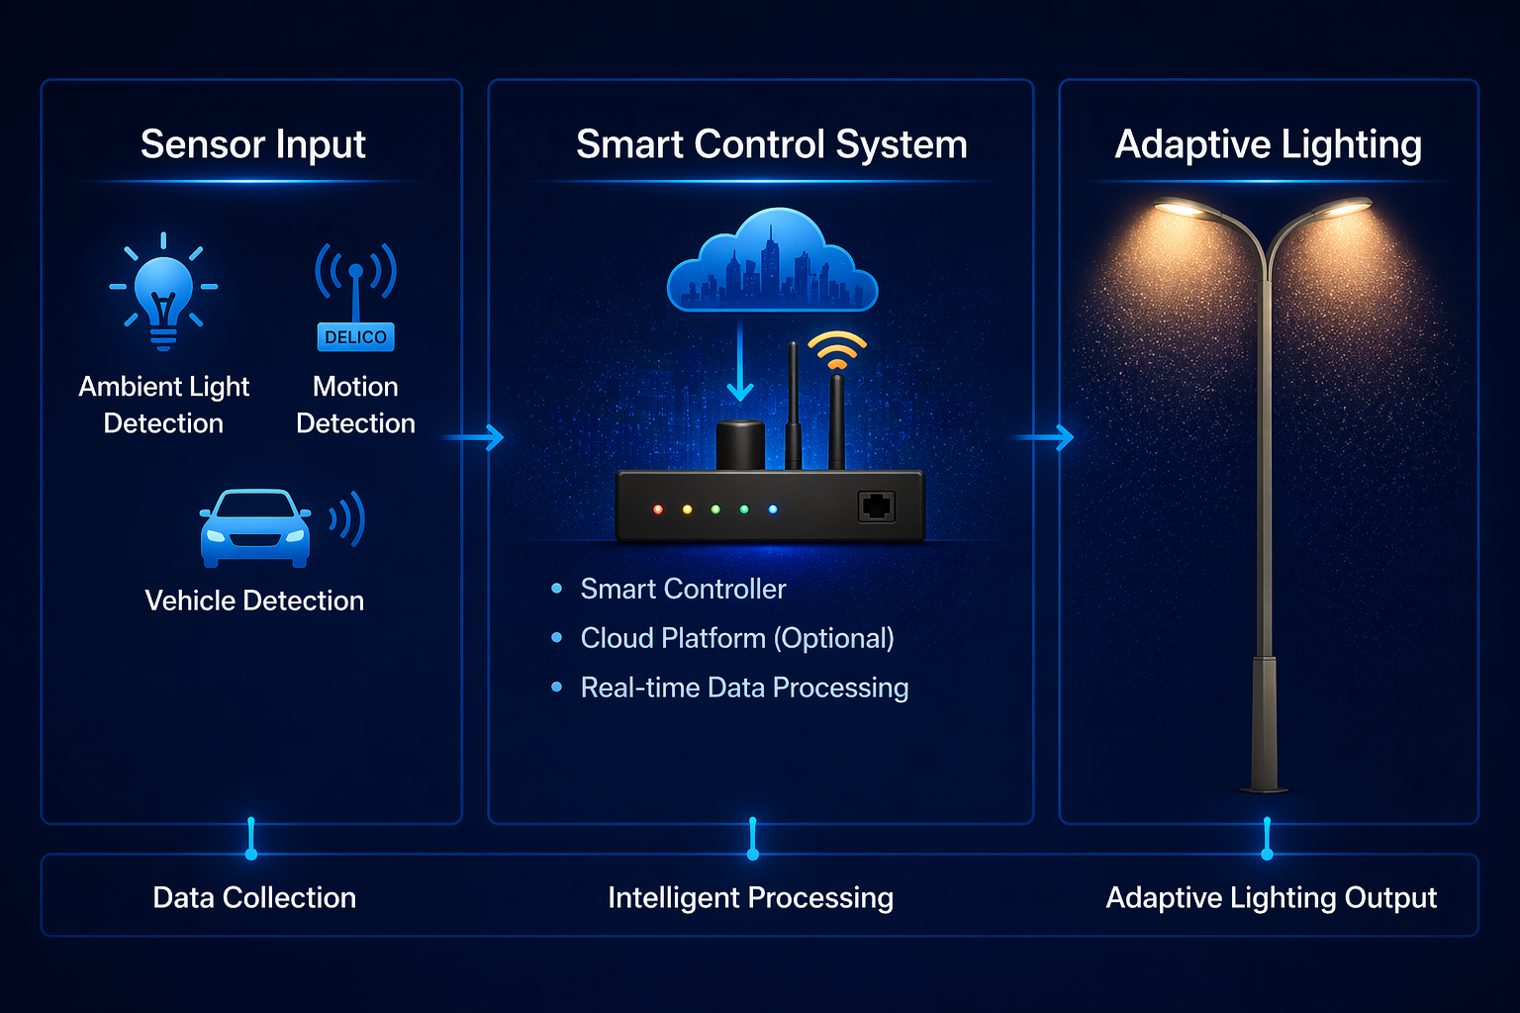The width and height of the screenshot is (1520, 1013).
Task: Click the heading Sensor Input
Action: pyautogui.click(x=253, y=144)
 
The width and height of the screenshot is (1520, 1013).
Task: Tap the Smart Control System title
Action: pyautogui.click(x=772, y=144)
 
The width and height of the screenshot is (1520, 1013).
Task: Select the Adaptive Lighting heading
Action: pyautogui.click(x=1268, y=144)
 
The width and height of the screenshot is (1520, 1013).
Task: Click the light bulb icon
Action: pyautogui.click(x=163, y=291)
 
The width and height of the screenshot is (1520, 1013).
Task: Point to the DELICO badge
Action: pyautogui.click(x=355, y=337)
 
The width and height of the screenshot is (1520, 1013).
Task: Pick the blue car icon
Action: pyautogui.click(x=255, y=528)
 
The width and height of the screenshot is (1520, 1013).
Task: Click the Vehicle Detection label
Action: pyautogui.click(x=254, y=600)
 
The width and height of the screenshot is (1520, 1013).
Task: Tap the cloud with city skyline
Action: pyautogui.click(x=772, y=261)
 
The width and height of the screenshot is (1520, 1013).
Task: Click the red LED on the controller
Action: pyautogui.click(x=658, y=509)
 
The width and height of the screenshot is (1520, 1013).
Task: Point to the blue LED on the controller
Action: pyautogui.click(x=773, y=509)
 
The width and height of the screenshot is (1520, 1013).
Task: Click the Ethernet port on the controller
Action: pyautogui.click(x=876, y=506)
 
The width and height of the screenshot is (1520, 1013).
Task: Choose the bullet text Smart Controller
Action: pyautogui.click(x=683, y=589)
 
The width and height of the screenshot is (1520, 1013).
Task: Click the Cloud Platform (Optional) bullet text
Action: pyautogui.click(x=737, y=638)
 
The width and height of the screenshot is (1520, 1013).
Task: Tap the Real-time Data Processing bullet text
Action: pyautogui.click(x=744, y=688)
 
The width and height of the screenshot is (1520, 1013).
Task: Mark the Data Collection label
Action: pyautogui.click(x=254, y=897)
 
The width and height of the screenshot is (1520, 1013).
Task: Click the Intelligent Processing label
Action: pyautogui.click(x=750, y=897)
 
